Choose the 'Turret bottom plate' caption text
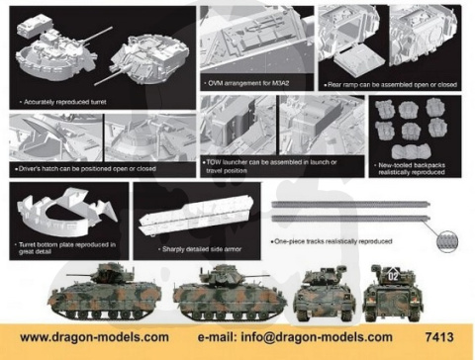(63, 247)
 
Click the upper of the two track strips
(346, 204)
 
